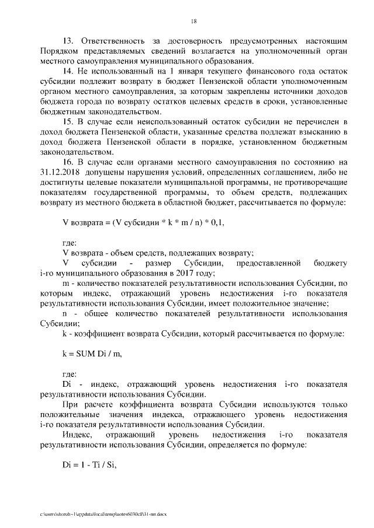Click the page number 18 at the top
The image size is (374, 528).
click(193, 21)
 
